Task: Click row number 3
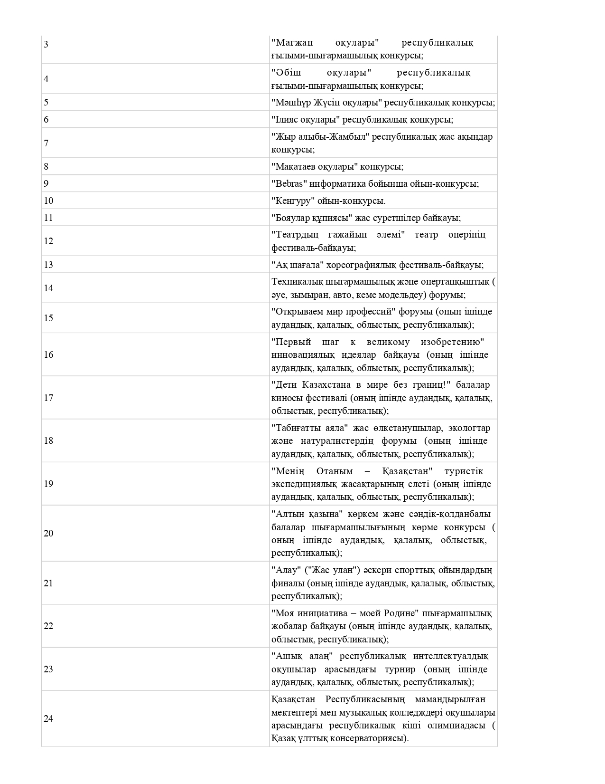[x=46, y=45]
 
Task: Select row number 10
[x=48, y=201]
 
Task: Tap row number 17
[x=48, y=398]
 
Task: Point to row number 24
[x=48, y=719]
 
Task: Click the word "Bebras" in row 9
[x=289, y=184]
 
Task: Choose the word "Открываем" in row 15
[x=300, y=312]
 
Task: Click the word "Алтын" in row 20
[x=289, y=514]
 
